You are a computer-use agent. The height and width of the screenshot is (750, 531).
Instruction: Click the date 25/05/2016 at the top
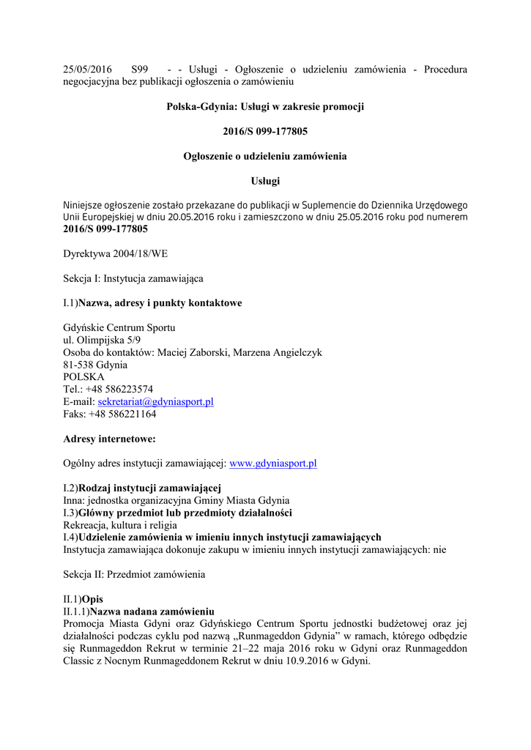click(88, 70)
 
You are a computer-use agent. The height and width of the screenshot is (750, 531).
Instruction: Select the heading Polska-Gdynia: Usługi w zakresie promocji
click(265, 107)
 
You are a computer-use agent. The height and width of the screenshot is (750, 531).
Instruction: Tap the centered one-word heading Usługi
click(265, 181)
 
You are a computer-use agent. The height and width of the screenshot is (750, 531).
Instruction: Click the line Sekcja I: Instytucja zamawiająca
click(133, 278)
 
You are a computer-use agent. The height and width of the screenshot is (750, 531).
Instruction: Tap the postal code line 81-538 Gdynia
click(95, 365)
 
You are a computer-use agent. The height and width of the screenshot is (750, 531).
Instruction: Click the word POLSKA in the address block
click(83, 377)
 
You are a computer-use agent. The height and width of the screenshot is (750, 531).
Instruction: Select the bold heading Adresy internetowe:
click(109, 439)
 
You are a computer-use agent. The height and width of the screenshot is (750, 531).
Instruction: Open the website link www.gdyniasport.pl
click(272, 464)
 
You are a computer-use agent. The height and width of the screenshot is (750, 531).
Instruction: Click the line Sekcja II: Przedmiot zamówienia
click(134, 575)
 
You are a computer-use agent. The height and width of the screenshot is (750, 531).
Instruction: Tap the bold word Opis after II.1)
click(93, 599)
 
